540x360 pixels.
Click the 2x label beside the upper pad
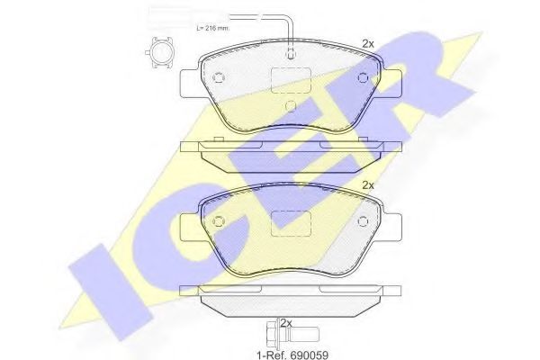[367, 43]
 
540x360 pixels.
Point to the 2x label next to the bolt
[287, 322]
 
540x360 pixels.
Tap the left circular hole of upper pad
[217, 77]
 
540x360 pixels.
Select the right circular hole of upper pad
[363, 77]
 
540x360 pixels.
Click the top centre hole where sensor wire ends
[290, 56]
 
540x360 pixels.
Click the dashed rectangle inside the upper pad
[291, 79]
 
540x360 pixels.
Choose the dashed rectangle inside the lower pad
[290, 220]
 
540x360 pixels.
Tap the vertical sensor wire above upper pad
[290, 36]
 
